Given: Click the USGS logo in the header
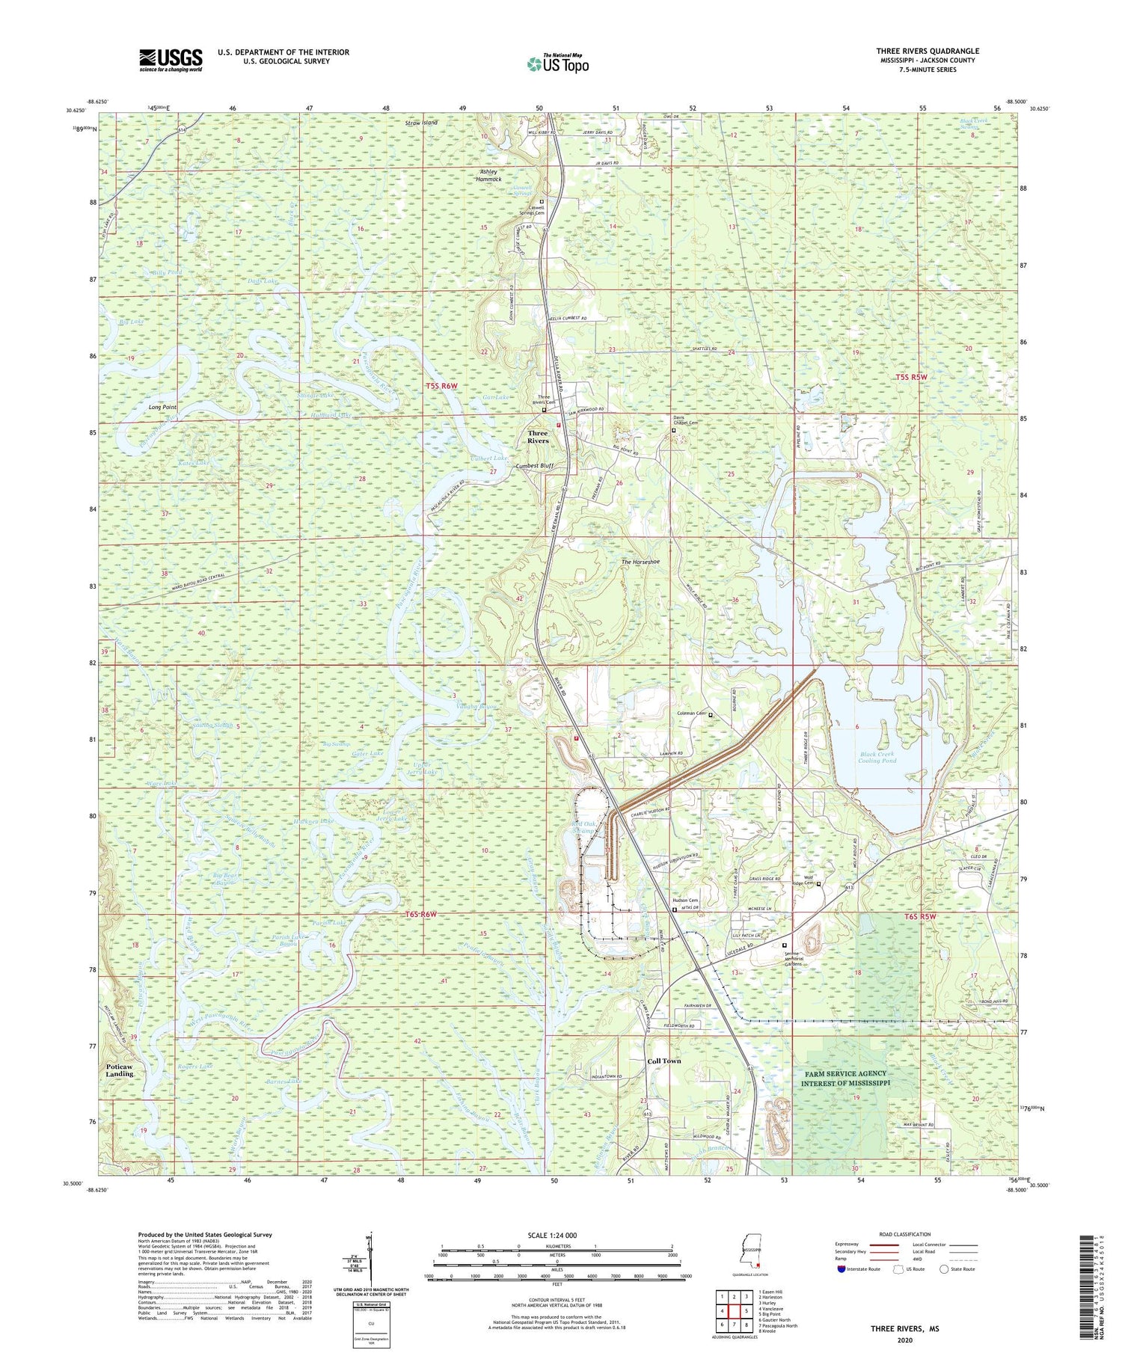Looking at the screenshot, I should coord(171,59).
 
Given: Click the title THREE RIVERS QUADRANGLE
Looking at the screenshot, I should coord(928,51).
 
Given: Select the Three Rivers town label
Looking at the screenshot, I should coord(538,437).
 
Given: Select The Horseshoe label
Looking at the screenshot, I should coord(640,562).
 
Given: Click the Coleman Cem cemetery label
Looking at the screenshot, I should coord(690,714).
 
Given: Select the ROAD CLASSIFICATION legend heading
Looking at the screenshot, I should coord(905,1234).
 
